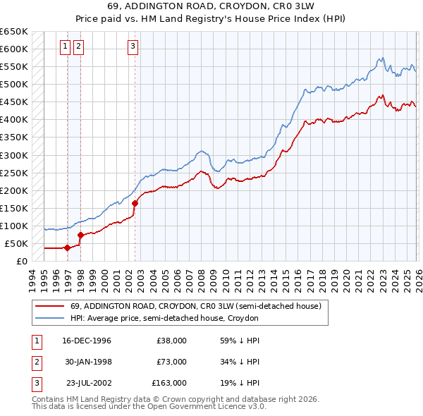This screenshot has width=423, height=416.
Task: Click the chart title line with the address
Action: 211,6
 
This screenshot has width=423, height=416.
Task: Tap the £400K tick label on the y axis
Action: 13,120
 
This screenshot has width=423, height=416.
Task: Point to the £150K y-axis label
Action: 13,208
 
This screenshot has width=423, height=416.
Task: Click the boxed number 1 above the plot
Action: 65,47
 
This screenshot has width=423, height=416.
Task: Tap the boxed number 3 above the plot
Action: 133,47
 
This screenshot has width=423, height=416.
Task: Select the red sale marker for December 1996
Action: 67,247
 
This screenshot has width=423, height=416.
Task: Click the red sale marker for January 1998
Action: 80,235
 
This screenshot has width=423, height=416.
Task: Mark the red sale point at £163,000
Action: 134,203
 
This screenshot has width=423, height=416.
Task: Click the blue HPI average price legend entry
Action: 164,318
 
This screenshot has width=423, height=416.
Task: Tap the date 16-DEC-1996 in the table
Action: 87,341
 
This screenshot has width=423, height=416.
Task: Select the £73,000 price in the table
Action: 171,362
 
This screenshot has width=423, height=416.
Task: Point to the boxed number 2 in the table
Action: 36,362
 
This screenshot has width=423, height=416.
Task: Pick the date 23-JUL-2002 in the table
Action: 87,383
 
